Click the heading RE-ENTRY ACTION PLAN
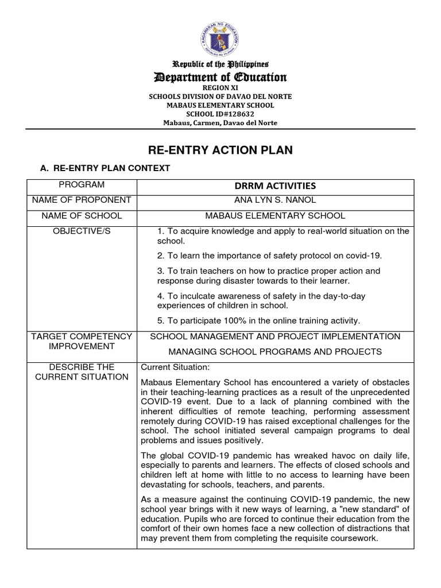(x=220, y=150)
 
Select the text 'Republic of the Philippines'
(x=220, y=65)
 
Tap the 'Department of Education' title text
(x=220, y=78)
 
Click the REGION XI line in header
(x=220, y=89)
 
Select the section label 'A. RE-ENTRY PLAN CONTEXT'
(x=104, y=168)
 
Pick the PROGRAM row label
(x=82, y=185)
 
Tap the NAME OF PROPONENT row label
(x=82, y=200)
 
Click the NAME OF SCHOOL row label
(x=82, y=215)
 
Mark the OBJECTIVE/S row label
(x=82, y=231)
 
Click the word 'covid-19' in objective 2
(x=364, y=256)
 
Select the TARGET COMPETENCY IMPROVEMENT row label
(x=82, y=341)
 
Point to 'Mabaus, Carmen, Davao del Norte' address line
(x=220, y=122)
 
